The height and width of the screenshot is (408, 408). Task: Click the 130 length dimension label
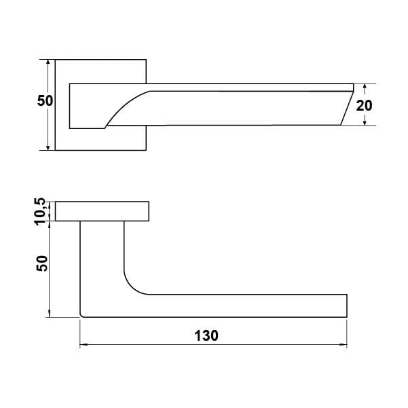click(206, 335)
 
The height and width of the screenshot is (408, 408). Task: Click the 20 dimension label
click(364, 105)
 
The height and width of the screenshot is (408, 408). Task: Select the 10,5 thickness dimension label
click(41, 212)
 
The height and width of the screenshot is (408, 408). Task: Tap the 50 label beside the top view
click(45, 100)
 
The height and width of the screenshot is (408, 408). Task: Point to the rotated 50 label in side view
click(42, 263)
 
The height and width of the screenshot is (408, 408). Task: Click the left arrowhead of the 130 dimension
click(83, 345)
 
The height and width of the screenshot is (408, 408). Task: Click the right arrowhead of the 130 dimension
click(344, 345)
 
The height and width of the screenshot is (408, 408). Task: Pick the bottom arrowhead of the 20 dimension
click(365, 122)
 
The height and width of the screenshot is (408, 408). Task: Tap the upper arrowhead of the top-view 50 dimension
click(48, 62)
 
